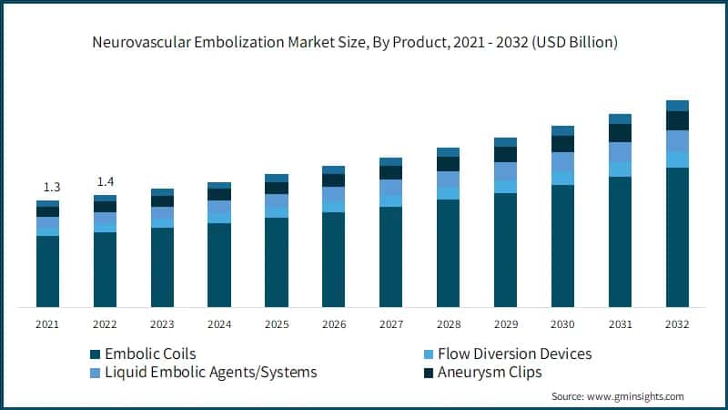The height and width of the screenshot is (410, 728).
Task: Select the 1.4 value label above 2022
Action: click(x=105, y=181)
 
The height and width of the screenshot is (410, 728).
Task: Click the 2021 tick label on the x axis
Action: click(x=47, y=324)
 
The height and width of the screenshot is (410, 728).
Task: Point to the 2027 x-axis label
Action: click(x=390, y=324)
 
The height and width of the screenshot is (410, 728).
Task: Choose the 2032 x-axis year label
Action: click(x=677, y=324)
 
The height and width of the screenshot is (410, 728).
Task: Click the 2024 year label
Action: click(x=219, y=324)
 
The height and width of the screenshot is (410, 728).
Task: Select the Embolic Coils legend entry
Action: click(x=149, y=354)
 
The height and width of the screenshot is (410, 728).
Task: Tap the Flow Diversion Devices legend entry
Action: click(x=514, y=354)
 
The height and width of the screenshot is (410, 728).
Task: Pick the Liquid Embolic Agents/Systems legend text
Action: click(x=208, y=373)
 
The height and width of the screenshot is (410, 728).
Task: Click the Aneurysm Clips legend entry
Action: click(x=489, y=373)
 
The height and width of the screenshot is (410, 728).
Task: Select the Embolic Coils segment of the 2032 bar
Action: click(x=677, y=237)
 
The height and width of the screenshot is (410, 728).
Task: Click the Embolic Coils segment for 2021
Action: click(x=47, y=272)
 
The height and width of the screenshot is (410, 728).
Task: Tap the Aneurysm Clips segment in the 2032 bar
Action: click(x=677, y=120)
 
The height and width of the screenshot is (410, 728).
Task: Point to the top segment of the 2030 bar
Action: click(x=562, y=130)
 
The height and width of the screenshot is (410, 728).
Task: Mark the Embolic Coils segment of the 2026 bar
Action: click(x=333, y=260)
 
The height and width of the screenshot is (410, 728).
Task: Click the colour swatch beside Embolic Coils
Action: click(x=94, y=354)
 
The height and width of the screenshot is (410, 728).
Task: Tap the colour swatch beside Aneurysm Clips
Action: click(x=429, y=373)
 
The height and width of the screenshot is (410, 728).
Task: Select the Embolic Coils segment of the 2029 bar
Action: click(x=505, y=250)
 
